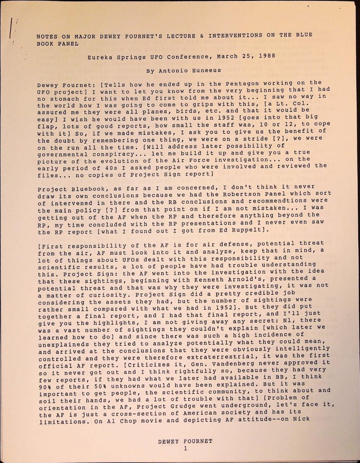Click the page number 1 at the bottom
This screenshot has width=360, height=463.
coord(185,449)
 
